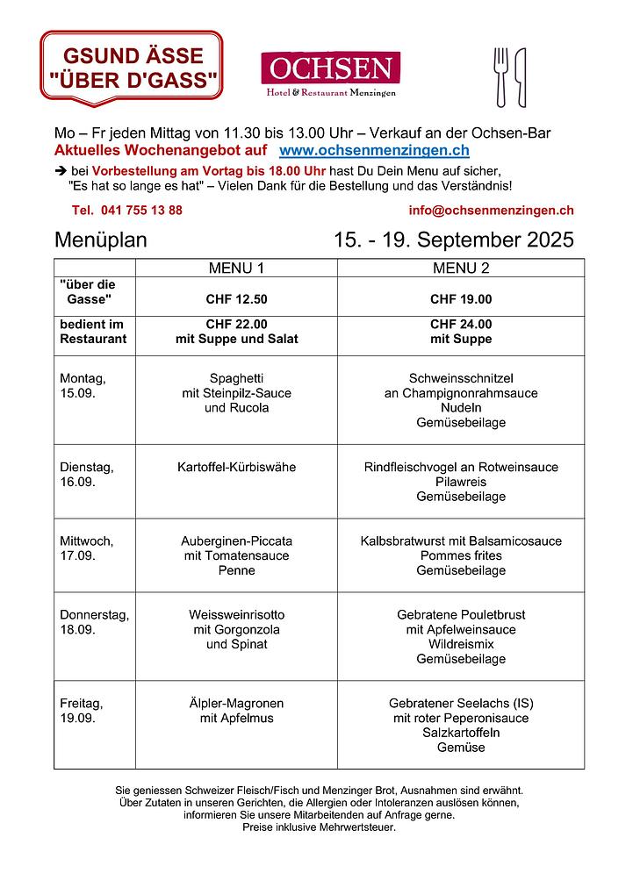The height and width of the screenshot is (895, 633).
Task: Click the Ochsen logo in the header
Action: pyautogui.click(x=330, y=75)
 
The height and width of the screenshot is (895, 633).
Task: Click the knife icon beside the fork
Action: pyautogui.click(x=520, y=76)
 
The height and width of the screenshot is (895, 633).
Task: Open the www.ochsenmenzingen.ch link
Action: pyautogui.click(x=373, y=152)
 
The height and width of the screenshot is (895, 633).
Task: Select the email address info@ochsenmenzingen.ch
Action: pyautogui.click(x=491, y=211)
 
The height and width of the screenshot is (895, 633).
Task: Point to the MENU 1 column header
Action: pyautogui.click(x=236, y=268)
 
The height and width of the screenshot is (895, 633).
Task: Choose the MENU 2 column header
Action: pyautogui.click(x=461, y=268)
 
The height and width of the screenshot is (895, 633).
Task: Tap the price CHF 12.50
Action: pyautogui.click(x=236, y=299)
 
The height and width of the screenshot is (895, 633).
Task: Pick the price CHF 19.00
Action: pyautogui.click(x=461, y=299)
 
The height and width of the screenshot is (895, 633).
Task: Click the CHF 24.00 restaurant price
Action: pyautogui.click(x=461, y=324)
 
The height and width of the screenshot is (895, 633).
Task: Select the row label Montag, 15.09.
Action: pyautogui.click(x=83, y=386)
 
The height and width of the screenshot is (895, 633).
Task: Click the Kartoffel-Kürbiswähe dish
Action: pyautogui.click(x=236, y=468)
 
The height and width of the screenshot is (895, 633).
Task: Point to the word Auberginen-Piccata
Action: pyautogui.click(x=236, y=541)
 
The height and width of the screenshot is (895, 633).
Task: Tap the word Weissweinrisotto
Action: pyautogui.click(x=236, y=615)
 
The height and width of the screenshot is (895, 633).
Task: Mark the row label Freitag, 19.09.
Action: pyautogui.click(x=82, y=711)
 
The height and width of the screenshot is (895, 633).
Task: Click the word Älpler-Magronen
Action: pyautogui.click(x=236, y=704)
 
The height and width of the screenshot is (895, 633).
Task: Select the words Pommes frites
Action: pyautogui.click(x=461, y=556)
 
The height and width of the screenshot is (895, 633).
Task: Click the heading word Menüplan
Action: pyautogui.click(x=101, y=240)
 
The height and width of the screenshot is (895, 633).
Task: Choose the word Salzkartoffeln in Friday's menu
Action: pyautogui.click(x=461, y=734)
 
